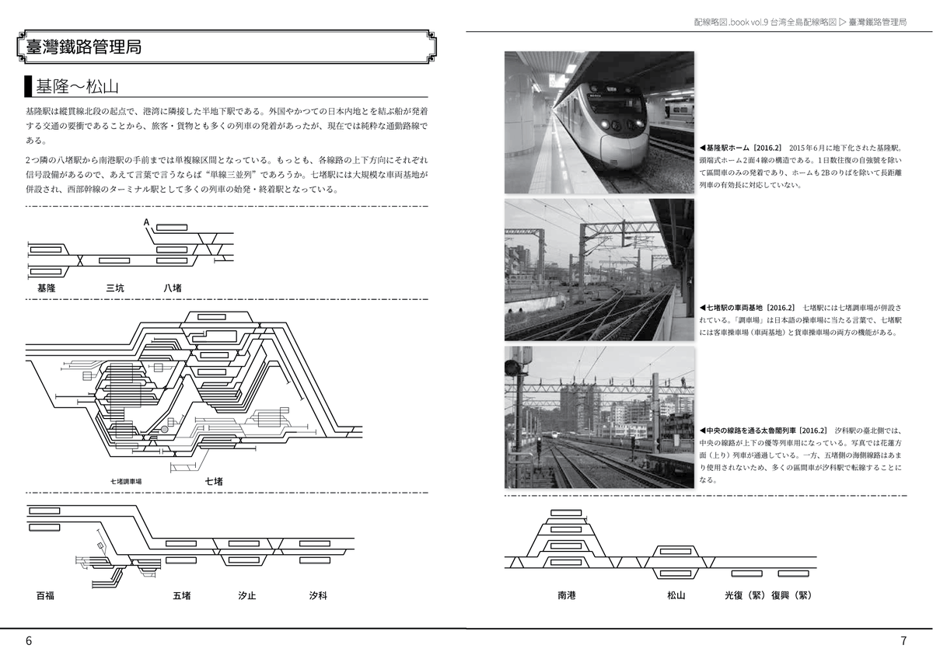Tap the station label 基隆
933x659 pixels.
pos(46,288)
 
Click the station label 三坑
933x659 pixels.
pos(115,288)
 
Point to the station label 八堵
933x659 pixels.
pos(173,288)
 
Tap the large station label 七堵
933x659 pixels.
pos(214,482)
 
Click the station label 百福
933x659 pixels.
pos(46,596)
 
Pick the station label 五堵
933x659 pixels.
pos(182,596)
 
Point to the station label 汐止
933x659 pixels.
pos(247,596)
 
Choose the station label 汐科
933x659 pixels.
pos(317,596)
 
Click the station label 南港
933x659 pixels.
pos(567,596)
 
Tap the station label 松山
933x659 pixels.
pos(676,596)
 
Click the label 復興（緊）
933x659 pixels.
pos(791,596)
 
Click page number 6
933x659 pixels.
pos(29,641)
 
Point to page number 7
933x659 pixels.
pos(903,641)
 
